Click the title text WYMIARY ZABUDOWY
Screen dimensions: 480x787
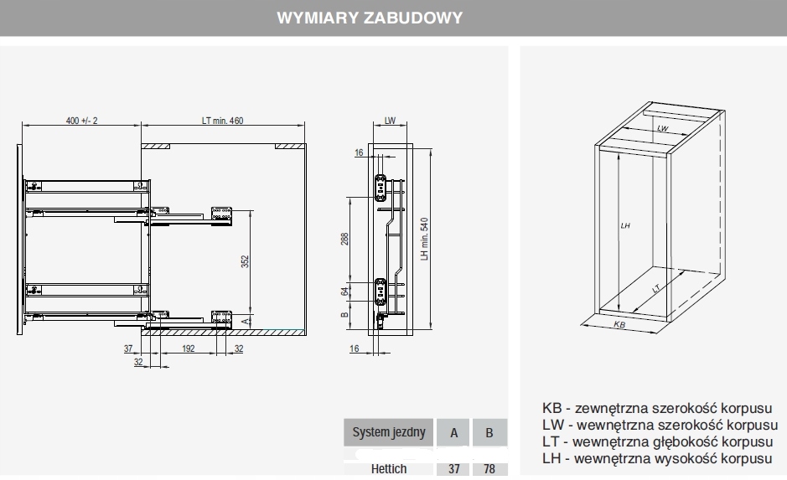(370, 18)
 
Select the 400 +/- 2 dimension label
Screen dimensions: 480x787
(81, 121)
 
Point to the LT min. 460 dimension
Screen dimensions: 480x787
(222, 121)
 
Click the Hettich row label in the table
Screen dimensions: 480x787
(388, 470)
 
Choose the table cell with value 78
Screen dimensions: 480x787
(489, 470)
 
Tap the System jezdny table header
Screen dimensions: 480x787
(388, 433)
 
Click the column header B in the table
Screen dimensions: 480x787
(489, 433)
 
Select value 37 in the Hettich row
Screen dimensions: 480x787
(453, 470)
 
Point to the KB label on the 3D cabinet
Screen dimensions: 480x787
(619, 323)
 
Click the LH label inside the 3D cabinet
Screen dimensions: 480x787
(625, 226)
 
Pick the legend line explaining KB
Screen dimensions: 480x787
(656, 409)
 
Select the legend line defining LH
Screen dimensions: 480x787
(656, 459)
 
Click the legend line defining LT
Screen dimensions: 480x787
(656, 442)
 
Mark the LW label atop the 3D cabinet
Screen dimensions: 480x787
(662, 128)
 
